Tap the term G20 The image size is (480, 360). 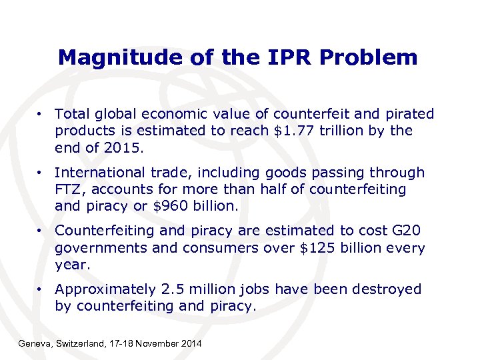(x=408, y=231)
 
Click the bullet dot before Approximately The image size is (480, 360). (x=41, y=289)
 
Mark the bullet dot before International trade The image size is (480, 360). (x=41, y=173)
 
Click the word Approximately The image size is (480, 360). (x=105, y=289)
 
